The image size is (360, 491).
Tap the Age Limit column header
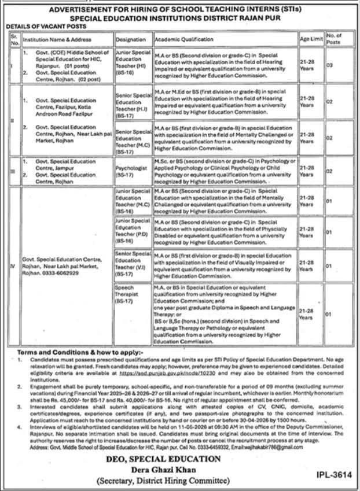coord(308,39)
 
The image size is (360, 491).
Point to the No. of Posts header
coord(335,39)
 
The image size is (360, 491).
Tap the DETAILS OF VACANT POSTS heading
coord(43,27)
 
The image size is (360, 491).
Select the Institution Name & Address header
coord(54,39)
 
